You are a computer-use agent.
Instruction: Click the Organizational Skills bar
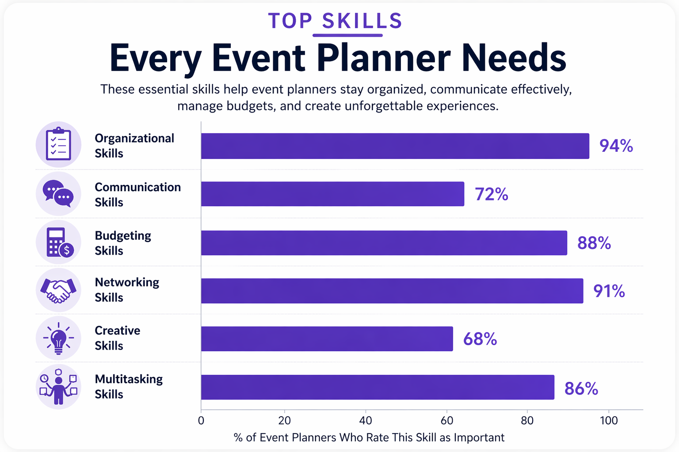click(x=395, y=146)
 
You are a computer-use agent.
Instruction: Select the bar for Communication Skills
click(x=332, y=194)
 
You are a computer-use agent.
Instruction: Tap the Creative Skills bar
click(x=327, y=339)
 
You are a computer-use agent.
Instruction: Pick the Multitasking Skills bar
click(x=378, y=387)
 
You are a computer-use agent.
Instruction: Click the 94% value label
click(x=616, y=146)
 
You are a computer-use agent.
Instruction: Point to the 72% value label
click(x=491, y=194)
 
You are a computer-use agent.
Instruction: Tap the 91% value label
click(x=609, y=291)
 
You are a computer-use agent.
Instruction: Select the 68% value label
click(x=480, y=339)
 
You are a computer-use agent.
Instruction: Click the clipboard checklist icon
click(x=58, y=144)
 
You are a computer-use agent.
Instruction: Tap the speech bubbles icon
click(x=58, y=194)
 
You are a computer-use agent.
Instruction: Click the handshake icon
click(x=58, y=290)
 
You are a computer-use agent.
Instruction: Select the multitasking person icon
click(x=58, y=387)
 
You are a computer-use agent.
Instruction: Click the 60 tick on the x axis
click(x=446, y=421)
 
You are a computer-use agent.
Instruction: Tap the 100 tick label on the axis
click(x=608, y=421)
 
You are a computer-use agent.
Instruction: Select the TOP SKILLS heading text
click(x=335, y=21)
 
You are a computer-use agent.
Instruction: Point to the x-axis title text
click(x=369, y=437)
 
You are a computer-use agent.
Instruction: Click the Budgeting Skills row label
click(x=123, y=243)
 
